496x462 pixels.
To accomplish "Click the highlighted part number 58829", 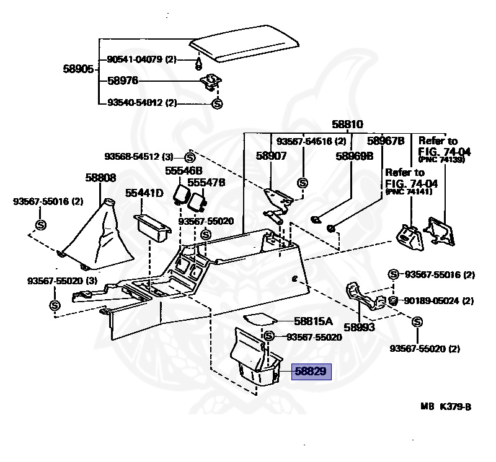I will pos(313,373).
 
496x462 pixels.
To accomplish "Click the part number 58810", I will pos(347,124).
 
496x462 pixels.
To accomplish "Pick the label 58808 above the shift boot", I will pos(100,178).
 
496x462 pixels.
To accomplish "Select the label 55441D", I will pos(144,193).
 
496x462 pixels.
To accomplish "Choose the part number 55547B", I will pos(206,183).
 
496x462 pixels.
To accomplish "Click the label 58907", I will pos(271,156).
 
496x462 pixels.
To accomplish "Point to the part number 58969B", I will pos(354,156).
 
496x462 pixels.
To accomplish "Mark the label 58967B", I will pos(386,141).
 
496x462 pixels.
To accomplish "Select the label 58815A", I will pos(313,321).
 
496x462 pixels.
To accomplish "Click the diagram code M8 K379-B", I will pos(445,407).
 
